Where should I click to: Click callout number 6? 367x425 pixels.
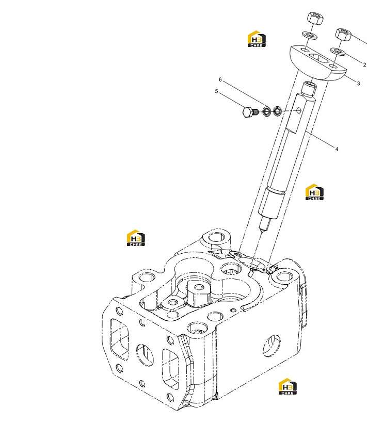tap(220, 79)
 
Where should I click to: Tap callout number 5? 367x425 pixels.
tap(216, 91)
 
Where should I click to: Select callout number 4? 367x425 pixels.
tap(337, 149)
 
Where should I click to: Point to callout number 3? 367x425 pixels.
tap(358, 84)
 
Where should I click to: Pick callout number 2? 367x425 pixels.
tap(364, 65)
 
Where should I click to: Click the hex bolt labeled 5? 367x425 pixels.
tap(250, 112)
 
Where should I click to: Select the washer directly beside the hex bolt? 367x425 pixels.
tap(267, 111)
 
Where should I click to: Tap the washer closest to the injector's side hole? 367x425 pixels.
tap(277, 110)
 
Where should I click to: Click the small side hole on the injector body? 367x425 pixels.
tap(299, 110)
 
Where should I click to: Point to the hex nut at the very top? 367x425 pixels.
tap(315, 18)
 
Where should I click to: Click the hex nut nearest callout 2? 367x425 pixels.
tap(343, 35)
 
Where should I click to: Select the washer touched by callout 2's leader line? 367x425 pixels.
tap(338, 51)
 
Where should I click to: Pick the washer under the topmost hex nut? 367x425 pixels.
tap(310, 35)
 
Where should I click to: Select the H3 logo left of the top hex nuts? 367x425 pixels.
tap(257, 39)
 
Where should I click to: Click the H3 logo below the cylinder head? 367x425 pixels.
tap(288, 386)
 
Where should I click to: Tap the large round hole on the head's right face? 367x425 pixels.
tap(272, 346)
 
